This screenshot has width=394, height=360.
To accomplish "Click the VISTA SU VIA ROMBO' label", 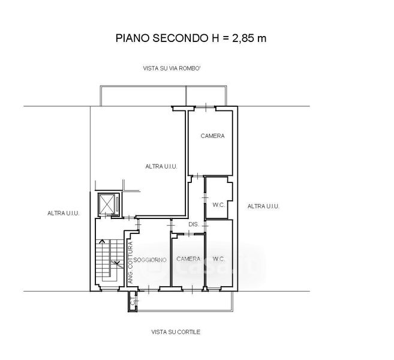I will point(176,69).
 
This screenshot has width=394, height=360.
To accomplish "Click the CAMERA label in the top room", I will point(212,136).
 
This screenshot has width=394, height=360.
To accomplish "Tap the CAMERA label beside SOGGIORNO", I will point(188,259).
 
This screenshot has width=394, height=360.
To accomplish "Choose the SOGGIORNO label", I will point(150,260).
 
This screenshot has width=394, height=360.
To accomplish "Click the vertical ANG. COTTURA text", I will point(130,262).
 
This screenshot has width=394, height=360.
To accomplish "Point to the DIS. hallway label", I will point(193,225).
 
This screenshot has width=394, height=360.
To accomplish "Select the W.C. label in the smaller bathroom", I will point(218,205).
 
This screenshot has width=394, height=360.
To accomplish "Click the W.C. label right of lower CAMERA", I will point(218,259).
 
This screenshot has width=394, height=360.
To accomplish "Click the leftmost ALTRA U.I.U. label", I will point(64,213).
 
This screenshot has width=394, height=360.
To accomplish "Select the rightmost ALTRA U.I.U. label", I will point(263,206).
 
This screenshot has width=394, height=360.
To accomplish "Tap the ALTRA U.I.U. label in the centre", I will point(161,167).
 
